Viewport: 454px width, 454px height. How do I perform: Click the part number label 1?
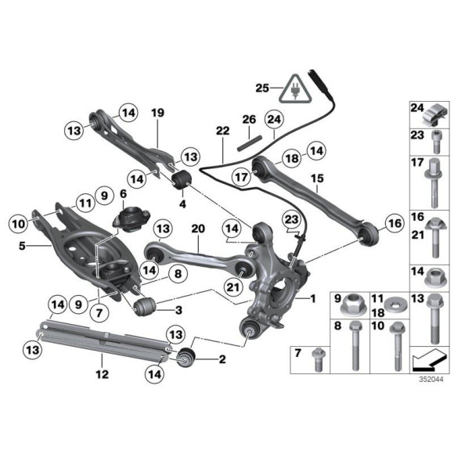point(313,298)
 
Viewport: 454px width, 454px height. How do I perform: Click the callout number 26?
point(248,120)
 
